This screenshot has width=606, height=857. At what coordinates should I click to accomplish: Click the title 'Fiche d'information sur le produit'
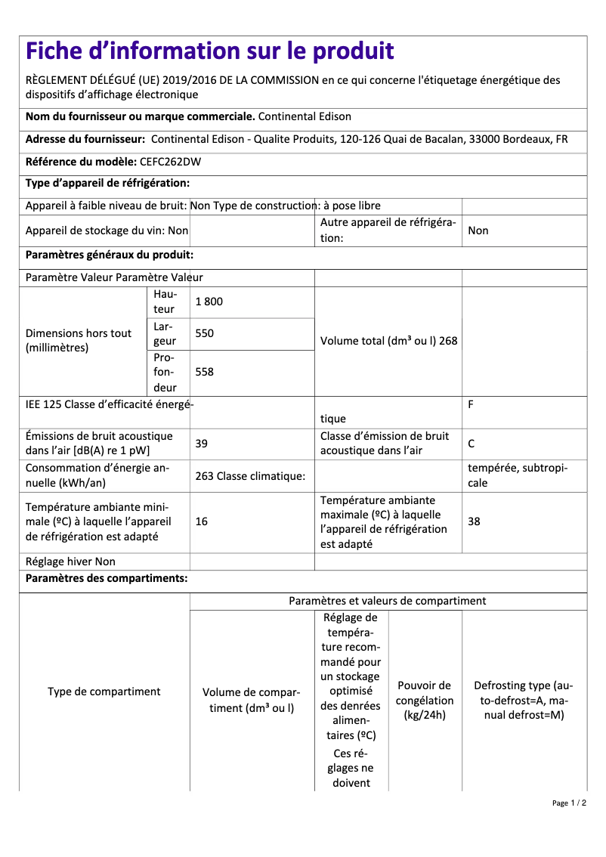[210, 51]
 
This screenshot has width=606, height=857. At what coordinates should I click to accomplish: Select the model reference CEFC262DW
[170, 161]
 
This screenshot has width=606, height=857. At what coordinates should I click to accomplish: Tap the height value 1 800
[209, 302]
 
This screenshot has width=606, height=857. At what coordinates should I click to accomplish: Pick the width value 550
[204, 333]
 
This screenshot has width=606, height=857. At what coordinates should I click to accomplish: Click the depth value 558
[204, 372]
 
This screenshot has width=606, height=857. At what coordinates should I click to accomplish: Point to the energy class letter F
[471, 404]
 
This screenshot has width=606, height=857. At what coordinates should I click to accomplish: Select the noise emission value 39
[201, 444]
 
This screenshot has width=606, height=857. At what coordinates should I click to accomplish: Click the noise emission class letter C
[472, 444]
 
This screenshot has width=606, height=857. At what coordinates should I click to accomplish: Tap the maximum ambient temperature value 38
[474, 521]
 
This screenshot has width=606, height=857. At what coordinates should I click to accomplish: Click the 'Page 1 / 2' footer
[569, 803]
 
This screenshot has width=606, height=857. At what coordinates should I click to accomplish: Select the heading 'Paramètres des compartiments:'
[107, 579]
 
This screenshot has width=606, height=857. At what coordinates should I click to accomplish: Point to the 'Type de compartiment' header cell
[104, 691]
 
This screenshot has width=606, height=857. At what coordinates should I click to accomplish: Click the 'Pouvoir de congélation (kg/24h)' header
[425, 700]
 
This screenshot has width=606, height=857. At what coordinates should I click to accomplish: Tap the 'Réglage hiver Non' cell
[70, 562]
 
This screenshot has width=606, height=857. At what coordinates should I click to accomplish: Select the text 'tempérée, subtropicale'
[517, 475]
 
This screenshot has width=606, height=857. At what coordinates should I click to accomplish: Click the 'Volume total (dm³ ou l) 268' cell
[388, 341]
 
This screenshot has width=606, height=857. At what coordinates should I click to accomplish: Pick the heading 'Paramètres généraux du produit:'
[110, 255]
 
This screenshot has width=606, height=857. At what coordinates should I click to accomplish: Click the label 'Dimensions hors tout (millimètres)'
[79, 341]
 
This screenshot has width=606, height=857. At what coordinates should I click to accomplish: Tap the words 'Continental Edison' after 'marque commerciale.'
[305, 116]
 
